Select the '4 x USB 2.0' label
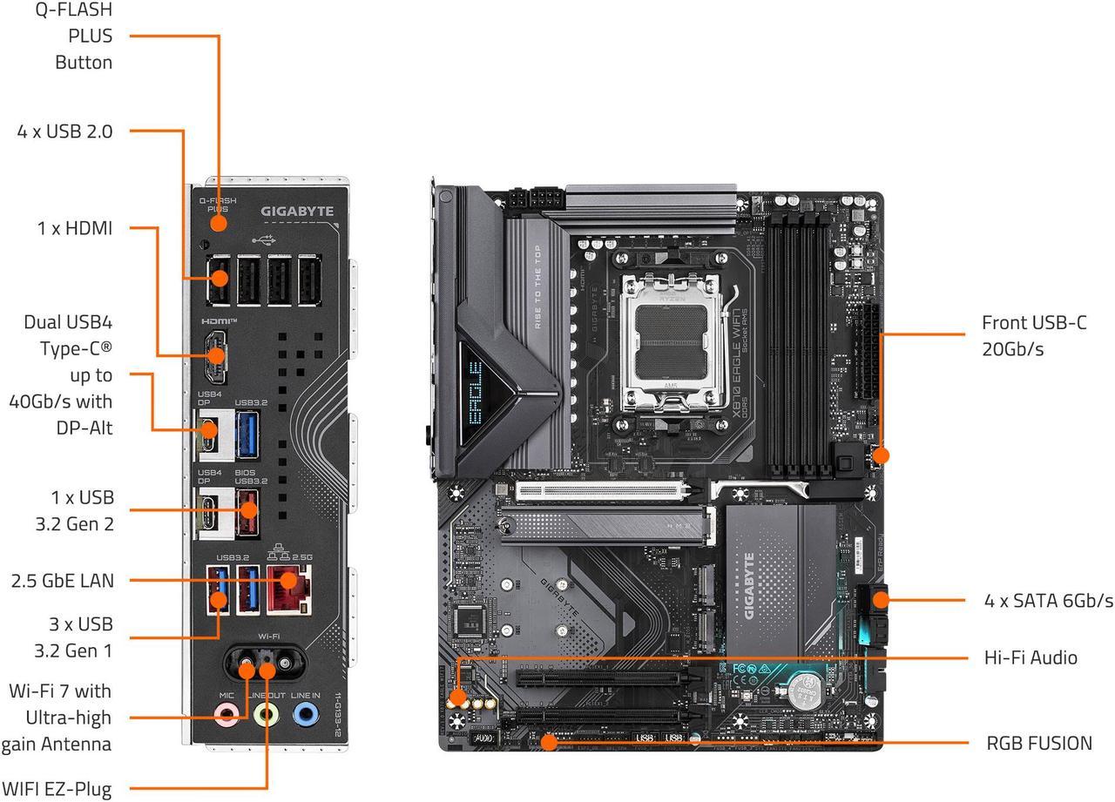[x=64, y=131]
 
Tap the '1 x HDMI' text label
[x=75, y=228]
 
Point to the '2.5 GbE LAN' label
[x=63, y=581]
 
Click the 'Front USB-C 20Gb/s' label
[x=1034, y=335]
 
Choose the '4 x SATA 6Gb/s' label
[x=1048, y=601]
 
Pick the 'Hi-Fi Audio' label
[x=1031, y=657]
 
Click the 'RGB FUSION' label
[x=1038, y=743]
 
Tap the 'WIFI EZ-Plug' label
[x=57, y=790]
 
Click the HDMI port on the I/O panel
[x=216, y=355]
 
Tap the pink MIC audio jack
[x=227, y=714]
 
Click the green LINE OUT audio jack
[x=266, y=714]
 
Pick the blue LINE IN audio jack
[x=305, y=714]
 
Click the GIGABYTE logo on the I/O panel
[x=297, y=211]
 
